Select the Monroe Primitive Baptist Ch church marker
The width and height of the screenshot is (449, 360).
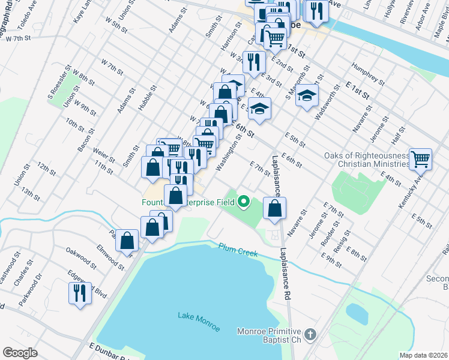click(x=310, y=334)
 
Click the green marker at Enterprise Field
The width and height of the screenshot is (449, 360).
click(x=244, y=202)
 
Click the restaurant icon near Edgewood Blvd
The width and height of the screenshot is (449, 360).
click(x=80, y=293)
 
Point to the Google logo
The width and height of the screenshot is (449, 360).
click(x=20, y=353)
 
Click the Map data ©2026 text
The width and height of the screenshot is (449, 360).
click(x=424, y=355)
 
